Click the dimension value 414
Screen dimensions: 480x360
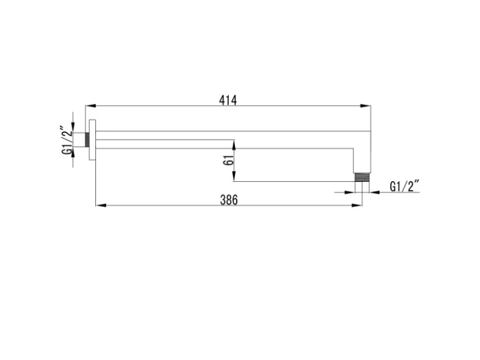pyautogui.click(x=228, y=100)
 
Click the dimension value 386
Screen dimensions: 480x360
pyautogui.click(x=229, y=200)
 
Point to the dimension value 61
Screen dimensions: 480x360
pyautogui.click(x=228, y=160)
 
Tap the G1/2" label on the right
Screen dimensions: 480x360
pyautogui.click(x=404, y=186)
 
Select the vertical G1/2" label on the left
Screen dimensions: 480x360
pyautogui.click(x=67, y=140)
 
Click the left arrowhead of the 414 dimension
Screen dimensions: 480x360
pyautogui.click(x=90, y=106)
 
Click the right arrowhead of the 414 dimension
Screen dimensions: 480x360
pyautogui.click(x=365, y=106)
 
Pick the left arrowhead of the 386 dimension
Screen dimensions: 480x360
pyautogui.click(x=101, y=206)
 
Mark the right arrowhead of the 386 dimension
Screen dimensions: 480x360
pyautogui.click(x=357, y=206)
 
